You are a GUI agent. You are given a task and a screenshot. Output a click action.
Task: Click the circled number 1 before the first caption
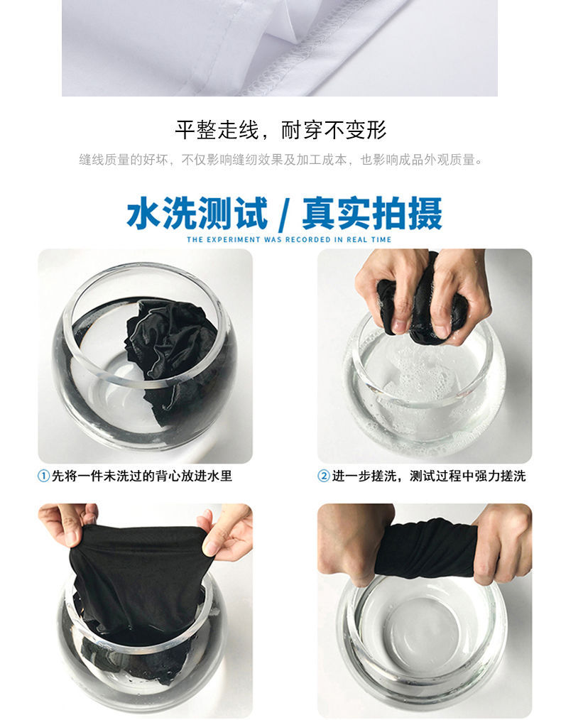click(x=43, y=476)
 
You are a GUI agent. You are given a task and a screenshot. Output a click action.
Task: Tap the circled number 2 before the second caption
click(x=324, y=476)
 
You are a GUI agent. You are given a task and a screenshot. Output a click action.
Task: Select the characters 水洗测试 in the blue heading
click(x=197, y=213)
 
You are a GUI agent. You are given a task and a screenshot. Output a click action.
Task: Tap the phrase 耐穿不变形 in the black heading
click(x=334, y=130)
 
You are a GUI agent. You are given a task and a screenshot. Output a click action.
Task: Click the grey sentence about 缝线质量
click(x=280, y=160)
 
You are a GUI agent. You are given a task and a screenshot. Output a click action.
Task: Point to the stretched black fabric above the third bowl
click(x=138, y=579)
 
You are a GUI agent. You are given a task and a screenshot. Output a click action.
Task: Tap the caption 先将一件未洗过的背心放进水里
click(x=142, y=476)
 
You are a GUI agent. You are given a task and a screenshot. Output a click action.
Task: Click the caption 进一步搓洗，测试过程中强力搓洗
click(x=429, y=476)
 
